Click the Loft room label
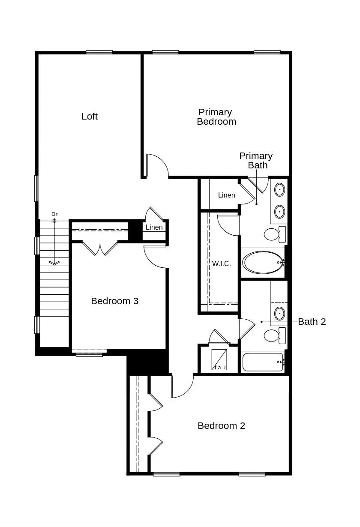pyautogui.click(x=90, y=117)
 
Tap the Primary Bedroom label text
pyautogui.click(x=216, y=117)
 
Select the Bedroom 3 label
pyautogui.click(x=114, y=301)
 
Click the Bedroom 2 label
pyautogui.click(x=221, y=426)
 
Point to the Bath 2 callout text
pyautogui.click(x=312, y=322)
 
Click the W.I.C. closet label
pyautogui.click(x=221, y=264)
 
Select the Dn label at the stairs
pyautogui.click(x=55, y=214)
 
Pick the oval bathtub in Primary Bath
pyautogui.click(x=263, y=262)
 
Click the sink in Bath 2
pyautogui.click(x=279, y=313)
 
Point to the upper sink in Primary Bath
pyautogui.click(x=279, y=189)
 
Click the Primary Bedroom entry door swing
pyautogui.click(x=156, y=165)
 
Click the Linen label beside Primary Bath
pyautogui.click(x=226, y=195)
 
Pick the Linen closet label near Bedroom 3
pyautogui.click(x=154, y=228)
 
